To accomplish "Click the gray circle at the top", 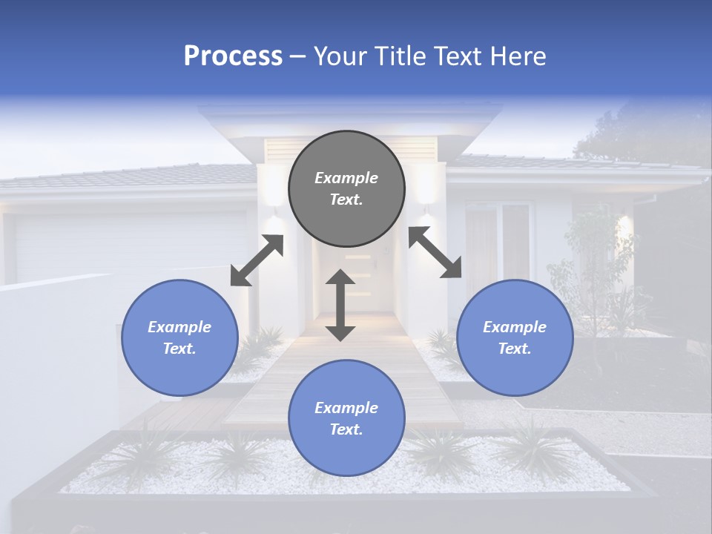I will pos(346,189).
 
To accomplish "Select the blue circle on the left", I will pos(179,337).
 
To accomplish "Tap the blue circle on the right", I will pos(515,337).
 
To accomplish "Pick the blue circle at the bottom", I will pos(346,418).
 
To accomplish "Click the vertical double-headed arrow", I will pos(340,305).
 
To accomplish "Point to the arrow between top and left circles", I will pos(257,260).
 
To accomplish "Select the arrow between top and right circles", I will pos(435,252).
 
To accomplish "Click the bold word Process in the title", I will pos(233,56).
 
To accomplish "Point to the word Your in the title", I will pos(340,56).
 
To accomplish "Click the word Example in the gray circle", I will pos(346,178).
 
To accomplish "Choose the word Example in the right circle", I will pos(515,327).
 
